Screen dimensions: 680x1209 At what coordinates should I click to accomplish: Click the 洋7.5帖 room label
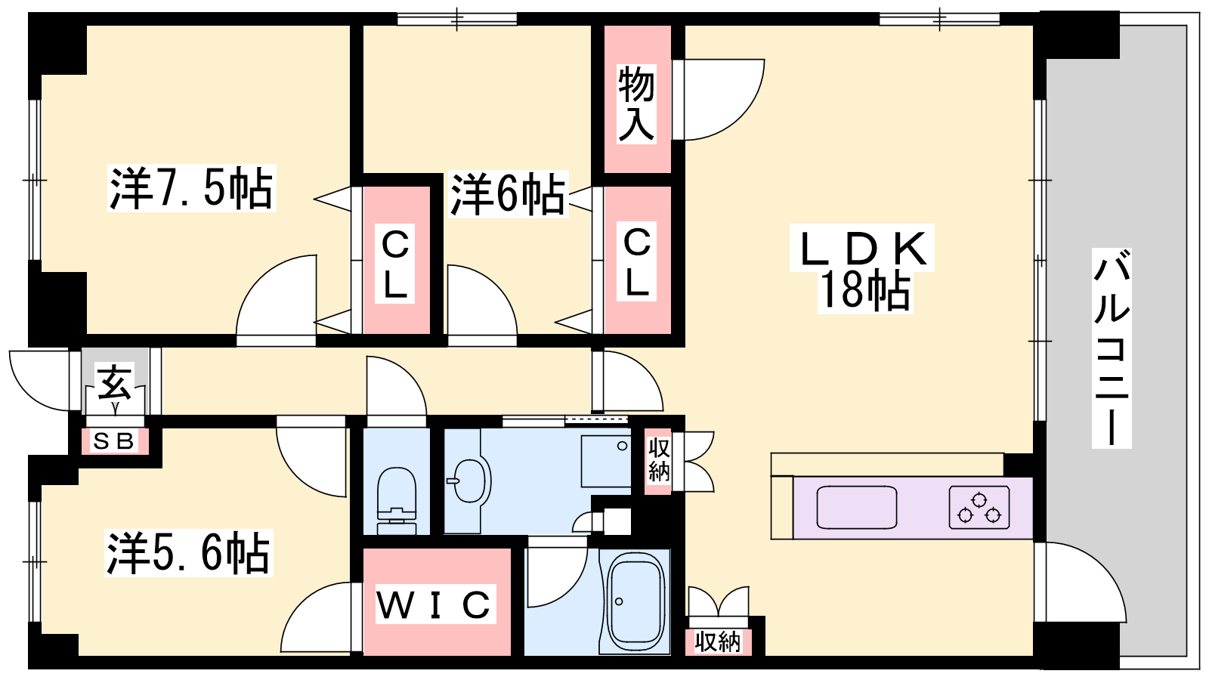pos(190,188)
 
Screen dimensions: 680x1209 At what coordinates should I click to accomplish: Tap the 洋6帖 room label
pos(508,194)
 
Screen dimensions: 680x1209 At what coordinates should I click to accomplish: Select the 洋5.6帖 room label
pos(188,553)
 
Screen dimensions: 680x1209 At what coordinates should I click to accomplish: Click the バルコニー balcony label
pos(1111,349)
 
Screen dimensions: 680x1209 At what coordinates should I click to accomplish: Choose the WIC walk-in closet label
pos(434,604)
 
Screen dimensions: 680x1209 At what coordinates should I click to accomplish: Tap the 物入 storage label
pos(636,104)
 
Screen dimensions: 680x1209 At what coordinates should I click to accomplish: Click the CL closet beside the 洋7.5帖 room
pos(395,264)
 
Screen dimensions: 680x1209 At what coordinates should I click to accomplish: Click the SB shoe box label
pos(113,441)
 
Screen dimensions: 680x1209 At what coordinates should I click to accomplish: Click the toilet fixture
pos(396,499)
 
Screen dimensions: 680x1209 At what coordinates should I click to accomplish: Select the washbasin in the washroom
pos(468,481)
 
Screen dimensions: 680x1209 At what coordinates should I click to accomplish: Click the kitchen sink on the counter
pos(857,508)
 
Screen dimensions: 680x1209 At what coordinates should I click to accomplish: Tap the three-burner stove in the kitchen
pos(979,508)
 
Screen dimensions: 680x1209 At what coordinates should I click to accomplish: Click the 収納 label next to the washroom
pos(659,459)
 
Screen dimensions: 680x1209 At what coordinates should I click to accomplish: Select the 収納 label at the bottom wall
pos(718,642)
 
